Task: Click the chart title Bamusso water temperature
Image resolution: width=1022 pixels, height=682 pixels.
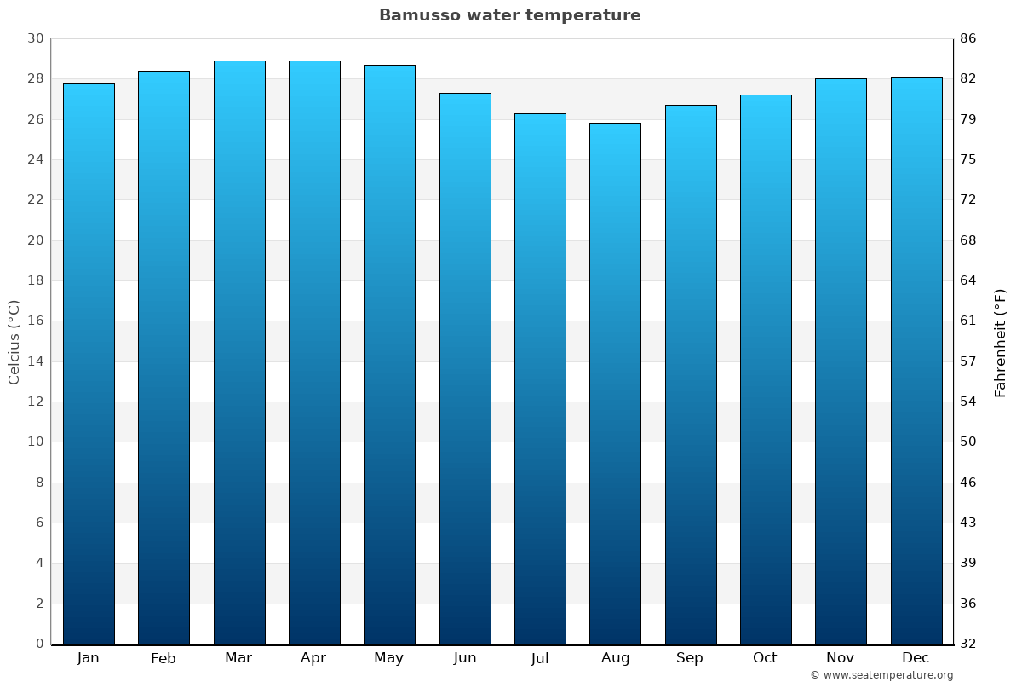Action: (509, 15)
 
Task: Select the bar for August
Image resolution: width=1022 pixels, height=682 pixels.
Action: (615, 384)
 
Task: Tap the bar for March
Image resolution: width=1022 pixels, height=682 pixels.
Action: (239, 352)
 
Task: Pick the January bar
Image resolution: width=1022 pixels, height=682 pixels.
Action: (89, 363)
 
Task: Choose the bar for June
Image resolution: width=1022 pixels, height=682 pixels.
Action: (465, 368)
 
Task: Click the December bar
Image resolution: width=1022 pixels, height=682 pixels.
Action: (916, 360)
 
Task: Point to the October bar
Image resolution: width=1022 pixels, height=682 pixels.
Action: (766, 369)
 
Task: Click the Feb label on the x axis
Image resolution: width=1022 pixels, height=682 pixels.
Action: (164, 658)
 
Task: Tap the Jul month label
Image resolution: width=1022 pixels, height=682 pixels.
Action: (540, 658)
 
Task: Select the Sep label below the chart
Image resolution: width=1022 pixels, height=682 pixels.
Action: (690, 658)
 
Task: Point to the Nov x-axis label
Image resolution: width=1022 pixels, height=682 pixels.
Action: (841, 658)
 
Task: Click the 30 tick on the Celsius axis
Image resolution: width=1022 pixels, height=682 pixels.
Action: (35, 38)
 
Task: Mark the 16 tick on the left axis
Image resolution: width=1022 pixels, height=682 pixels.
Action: (35, 321)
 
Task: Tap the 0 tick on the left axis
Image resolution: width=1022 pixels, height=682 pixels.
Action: (39, 644)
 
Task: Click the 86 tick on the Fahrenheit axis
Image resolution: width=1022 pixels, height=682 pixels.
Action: (968, 38)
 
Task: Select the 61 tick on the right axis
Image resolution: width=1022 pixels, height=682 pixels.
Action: (968, 321)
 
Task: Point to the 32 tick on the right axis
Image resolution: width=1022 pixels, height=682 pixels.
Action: (968, 644)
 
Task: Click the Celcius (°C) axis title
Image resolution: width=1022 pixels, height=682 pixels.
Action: (14, 342)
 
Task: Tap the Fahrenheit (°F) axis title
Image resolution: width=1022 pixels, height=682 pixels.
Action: (1001, 342)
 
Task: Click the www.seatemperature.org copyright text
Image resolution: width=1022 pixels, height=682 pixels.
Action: (881, 675)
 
